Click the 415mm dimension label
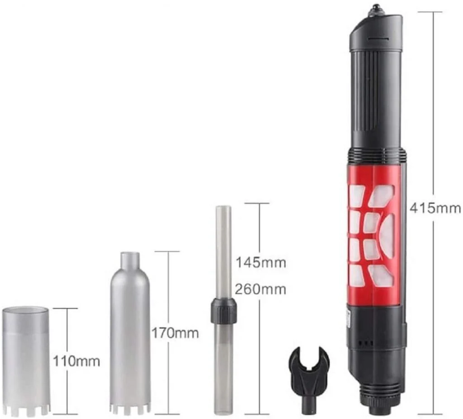[x=435, y=209]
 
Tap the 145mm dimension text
[x=261, y=262]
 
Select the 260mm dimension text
[x=260, y=289]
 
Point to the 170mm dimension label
[x=175, y=333]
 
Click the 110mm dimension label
[x=76, y=361]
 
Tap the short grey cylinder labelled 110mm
[x=26, y=360]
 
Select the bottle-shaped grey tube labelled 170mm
[x=130, y=333]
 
